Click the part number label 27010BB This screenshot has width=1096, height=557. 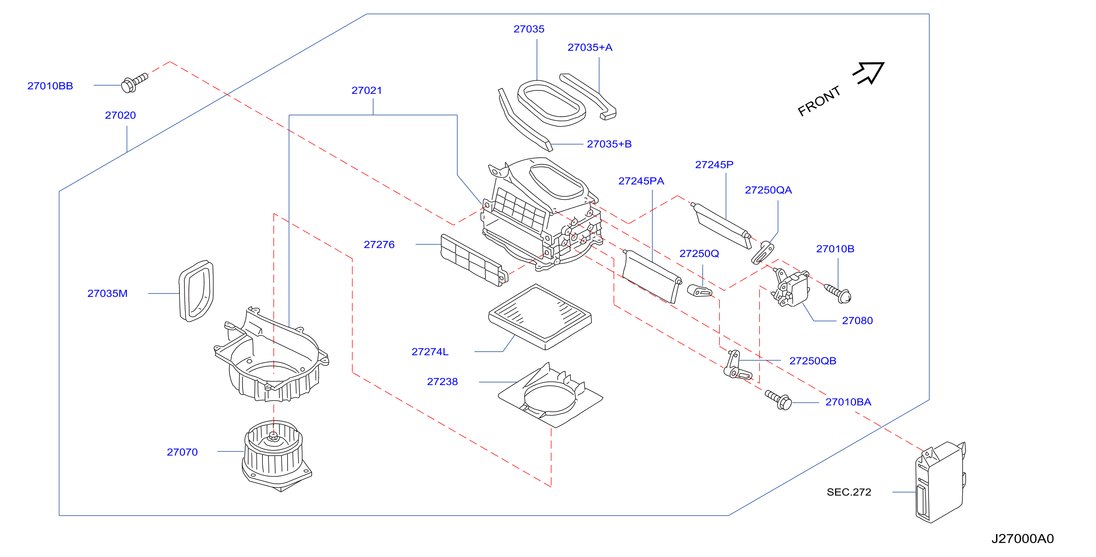pos(50,86)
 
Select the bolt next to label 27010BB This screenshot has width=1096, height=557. pos(134,83)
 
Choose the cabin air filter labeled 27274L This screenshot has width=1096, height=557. pos(540,317)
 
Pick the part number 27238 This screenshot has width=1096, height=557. pos(442,382)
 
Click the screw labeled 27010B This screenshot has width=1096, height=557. pos(838,294)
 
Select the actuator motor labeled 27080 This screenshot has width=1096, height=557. pos(791,288)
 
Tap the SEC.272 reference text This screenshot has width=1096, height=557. pos(849,492)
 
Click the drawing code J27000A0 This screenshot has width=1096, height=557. pos(1022,539)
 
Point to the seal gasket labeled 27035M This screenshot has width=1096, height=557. pos(196,291)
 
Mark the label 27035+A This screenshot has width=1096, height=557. pos(590,48)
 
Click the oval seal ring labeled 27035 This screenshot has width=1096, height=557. pos(551,104)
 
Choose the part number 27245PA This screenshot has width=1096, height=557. pos(641,181)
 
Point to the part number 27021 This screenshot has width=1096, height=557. pos(367,90)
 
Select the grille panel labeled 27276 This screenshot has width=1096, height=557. pos(474,260)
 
